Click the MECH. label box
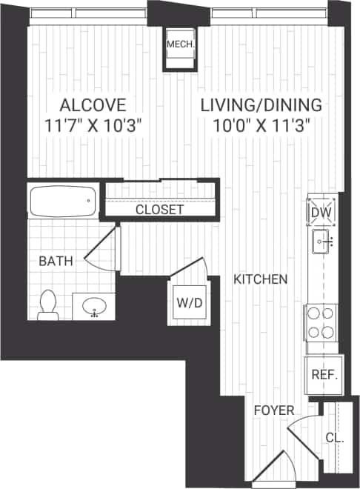pyautogui.click(x=180, y=45)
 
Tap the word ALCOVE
pyautogui.click(x=93, y=104)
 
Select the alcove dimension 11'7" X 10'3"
pyautogui.click(x=93, y=124)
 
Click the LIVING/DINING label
pyautogui.click(x=261, y=104)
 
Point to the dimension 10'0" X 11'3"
pyautogui.click(x=261, y=124)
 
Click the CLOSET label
pyautogui.click(x=159, y=210)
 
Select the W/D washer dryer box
pyautogui.click(x=188, y=302)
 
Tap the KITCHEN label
pyautogui.click(x=260, y=279)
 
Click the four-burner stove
pyautogui.click(x=322, y=323)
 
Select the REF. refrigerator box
pyautogui.click(x=324, y=375)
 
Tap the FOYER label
pyautogui.click(x=273, y=410)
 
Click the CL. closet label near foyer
pyautogui.click(x=334, y=437)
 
